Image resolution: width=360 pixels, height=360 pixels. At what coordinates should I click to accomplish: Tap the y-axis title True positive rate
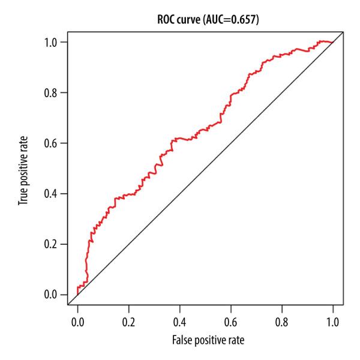pyautogui.click(x=23, y=169)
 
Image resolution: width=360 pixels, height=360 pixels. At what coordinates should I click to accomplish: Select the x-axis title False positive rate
pyautogui.click(x=205, y=340)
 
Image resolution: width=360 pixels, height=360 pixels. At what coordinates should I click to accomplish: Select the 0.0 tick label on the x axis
pyautogui.click(x=77, y=322)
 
